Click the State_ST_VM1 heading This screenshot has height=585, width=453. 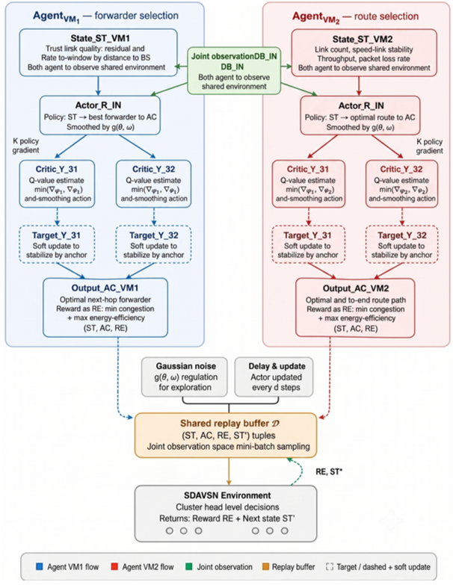98,38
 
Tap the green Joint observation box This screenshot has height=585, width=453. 234,71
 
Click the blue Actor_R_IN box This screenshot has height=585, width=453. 100,115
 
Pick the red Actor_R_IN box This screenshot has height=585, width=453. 360,115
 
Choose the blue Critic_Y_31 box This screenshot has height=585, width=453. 57,184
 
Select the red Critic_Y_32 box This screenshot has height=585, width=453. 401,184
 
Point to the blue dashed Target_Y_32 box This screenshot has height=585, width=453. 153,244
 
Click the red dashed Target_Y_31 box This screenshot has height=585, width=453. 308,244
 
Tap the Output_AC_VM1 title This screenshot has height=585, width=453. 105,288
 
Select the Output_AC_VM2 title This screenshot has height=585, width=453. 356,288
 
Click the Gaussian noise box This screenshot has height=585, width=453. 185,377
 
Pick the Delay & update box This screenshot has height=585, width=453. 274,377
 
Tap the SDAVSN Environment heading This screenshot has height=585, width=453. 227,495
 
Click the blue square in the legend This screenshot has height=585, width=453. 39,567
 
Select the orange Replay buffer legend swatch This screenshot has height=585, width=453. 265,567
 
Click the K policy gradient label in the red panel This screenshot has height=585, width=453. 430,146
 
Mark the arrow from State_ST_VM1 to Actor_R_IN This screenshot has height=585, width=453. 98,86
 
